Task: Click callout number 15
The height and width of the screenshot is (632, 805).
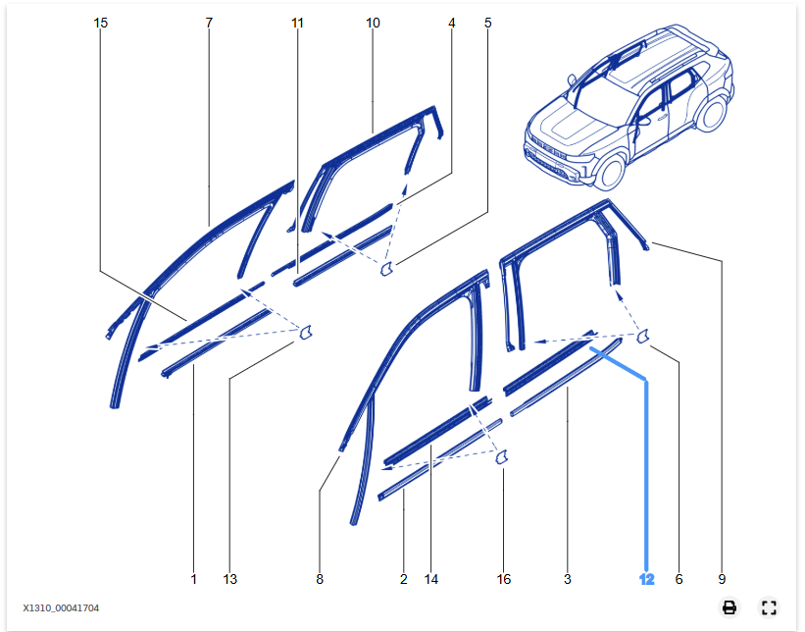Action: point(101,22)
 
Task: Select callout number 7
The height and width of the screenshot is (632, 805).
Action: point(209,22)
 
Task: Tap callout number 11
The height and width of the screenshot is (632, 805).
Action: point(298,22)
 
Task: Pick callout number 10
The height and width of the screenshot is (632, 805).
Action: point(373,22)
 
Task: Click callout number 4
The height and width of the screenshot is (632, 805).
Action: point(452,22)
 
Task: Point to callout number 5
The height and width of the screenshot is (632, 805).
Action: point(488,22)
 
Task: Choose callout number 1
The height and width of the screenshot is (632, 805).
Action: point(193,580)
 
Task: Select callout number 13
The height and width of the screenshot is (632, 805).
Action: point(229,580)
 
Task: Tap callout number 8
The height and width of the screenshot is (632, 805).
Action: point(320,580)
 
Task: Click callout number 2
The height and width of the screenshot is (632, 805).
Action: point(404,580)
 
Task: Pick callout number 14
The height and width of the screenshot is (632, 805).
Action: point(431,580)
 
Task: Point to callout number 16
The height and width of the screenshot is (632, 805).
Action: point(504,580)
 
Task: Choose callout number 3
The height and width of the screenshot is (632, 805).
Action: point(568,580)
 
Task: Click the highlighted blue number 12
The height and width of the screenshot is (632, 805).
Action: point(646,580)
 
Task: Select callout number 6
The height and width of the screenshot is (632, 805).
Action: point(679,580)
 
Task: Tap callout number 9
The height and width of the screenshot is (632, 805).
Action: point(722,580)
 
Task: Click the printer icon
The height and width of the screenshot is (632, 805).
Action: point(730,607)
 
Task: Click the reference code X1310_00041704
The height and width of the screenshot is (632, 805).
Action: point(61,608)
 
